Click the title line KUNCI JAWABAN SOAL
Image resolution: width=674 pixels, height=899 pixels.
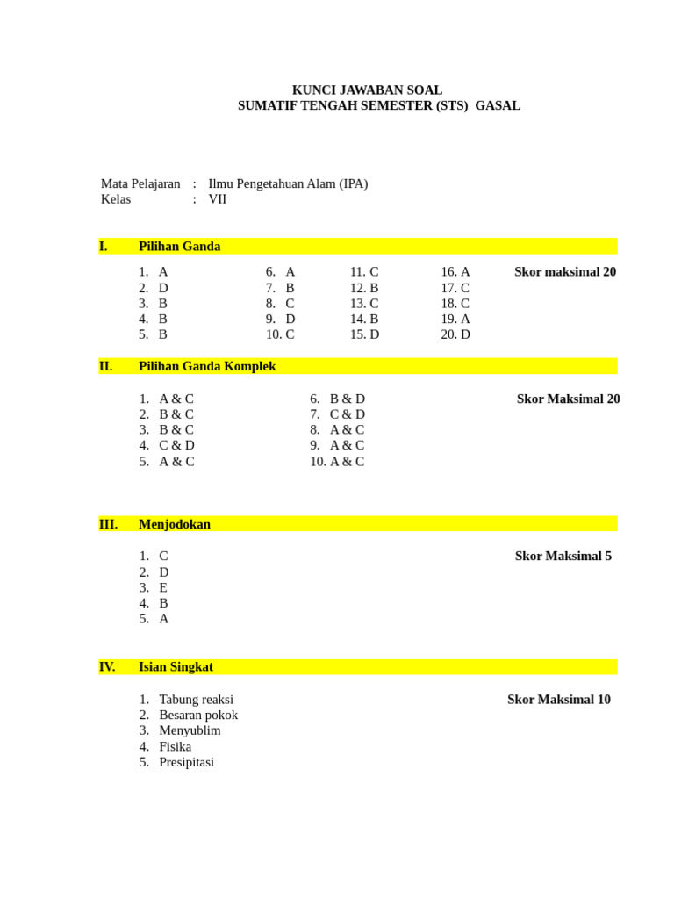click(x=367, y=90)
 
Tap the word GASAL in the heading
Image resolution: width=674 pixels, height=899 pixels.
click(x=498, y=106)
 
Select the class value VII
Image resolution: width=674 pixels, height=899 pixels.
click(x=218, y=199)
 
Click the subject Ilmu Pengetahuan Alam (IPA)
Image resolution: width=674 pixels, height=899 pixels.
click(x=288, y=183)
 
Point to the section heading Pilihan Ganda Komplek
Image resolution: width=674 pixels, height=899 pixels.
click(x=207, y=366)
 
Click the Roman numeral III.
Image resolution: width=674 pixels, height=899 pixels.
click(x=108, y=524)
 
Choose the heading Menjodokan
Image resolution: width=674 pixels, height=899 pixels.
click(x=175, y=524)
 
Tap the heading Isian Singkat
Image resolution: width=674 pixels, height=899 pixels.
click(x=176, y=666)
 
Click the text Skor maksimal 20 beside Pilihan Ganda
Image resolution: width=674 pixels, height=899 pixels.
click(x=565, y=272)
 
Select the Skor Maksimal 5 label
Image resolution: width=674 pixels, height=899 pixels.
click(x=563, y=556)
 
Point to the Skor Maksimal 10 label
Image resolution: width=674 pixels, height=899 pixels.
click(x=559, y=700)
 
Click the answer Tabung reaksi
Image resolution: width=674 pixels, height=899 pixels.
click(x=197, y=700)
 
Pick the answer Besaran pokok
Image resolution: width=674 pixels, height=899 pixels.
click(x=198, y=715)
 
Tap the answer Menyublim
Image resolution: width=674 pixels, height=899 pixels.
click(x=190, y=730)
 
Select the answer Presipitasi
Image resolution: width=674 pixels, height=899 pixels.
click(x=186, y=762)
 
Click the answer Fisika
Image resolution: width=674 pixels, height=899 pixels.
click(x=176, y=746)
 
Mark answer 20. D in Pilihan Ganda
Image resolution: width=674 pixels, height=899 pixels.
click(x=455, y=334)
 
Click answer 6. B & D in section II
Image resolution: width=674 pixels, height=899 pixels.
click(x=338, y=399)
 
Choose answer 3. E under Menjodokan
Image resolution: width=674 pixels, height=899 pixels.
click(x=154, y=587)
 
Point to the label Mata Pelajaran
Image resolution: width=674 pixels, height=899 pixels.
click(x=140, y=183)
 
